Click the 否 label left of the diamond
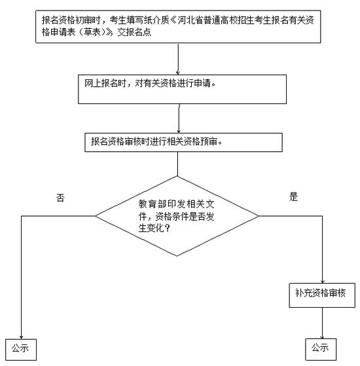(60, 198)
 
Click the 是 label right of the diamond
(293, 196)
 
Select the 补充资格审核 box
(322, 295)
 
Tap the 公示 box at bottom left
(21, 350)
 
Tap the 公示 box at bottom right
(321, 349)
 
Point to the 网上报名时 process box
(182, 89)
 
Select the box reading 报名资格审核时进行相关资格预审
(183, 142)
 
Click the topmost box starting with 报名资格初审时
(178, 27)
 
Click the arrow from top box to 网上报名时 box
(178, 59)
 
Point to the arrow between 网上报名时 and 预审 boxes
(179, 119)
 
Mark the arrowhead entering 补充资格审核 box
(323, 282)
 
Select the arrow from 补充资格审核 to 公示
(322, 323)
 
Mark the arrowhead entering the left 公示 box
(21, 337)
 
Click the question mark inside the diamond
(168, 228)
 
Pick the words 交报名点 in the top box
(134, 32)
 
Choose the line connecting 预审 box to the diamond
(177, 164)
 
